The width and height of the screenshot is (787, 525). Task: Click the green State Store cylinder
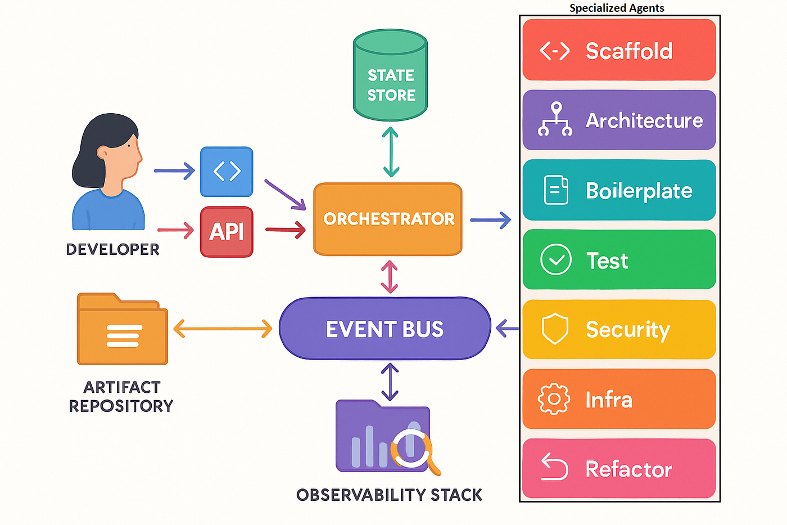click(390, 76)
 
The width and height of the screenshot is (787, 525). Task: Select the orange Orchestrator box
click(388, 219)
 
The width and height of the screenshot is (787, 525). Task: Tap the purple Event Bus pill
click(385, 329)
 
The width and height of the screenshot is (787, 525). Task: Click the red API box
click(227, 232)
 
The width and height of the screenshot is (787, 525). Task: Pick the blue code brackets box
click(227, 172)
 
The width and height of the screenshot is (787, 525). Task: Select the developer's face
click(125, 155)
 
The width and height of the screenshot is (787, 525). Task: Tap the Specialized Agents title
click(617, 8)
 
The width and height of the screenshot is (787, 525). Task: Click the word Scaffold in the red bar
click(629, 51)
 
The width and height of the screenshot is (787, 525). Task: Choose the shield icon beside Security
click(555, 329)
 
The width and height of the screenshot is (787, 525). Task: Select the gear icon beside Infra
click(554, 399)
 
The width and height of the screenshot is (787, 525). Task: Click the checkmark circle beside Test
click(555, 260)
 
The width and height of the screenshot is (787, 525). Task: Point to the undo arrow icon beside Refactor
click(554, 468)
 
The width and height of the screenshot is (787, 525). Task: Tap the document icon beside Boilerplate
click(556, 190)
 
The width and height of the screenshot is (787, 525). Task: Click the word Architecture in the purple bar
click(644, 120)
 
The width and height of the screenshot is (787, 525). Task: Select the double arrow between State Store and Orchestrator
click(391, 152)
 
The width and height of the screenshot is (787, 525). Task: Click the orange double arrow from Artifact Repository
click(223, 329)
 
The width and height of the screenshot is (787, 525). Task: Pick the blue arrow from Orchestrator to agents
click(490, 219)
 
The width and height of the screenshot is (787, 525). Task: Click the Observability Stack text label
click(389, 495)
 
